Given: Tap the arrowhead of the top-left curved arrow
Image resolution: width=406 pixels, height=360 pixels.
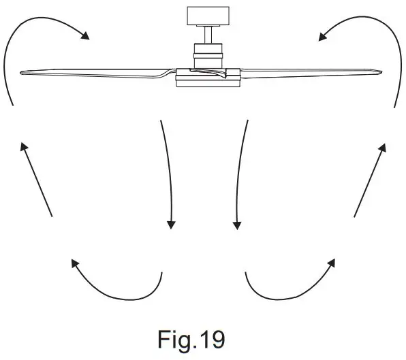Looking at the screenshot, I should point(86,36).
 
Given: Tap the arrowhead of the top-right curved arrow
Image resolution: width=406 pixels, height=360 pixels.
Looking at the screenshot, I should point(321,35).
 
